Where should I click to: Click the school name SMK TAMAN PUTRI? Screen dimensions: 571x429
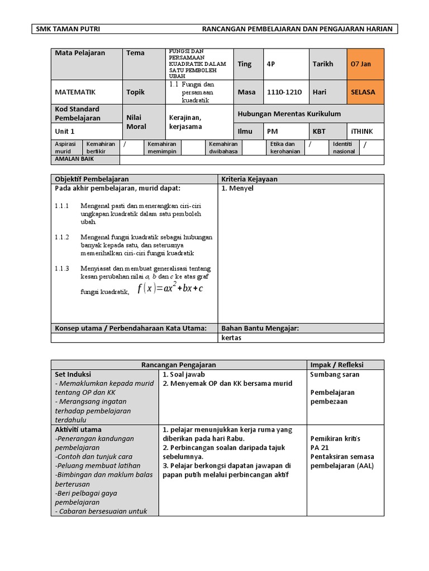(x=68, y=30)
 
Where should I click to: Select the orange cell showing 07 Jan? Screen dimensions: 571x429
(x=365, y=64)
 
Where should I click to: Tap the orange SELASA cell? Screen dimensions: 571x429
(x=365, y=92)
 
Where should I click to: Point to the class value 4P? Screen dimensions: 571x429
(x=271, y=64)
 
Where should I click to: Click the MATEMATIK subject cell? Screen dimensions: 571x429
(x=75, y=92)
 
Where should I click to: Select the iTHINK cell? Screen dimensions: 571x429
(x=363, y=132)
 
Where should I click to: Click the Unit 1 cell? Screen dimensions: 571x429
(x=65, y=132)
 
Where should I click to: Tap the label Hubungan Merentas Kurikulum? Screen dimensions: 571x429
(x=289, y=114)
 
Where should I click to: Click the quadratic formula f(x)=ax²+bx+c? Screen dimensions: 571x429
(x=170, y=288)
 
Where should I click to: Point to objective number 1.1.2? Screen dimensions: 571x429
(x=62, y=237)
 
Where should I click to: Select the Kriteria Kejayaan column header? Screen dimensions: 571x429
(x=249, y=179)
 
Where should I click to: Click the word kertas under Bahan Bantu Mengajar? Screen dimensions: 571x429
(x=232, y=338)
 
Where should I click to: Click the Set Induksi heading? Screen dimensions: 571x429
(x=73, y=375)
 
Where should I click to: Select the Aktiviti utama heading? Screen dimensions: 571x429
(x=78, y=429)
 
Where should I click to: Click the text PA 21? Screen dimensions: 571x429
(x=320, y=448)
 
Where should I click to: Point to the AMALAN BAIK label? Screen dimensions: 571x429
(x=74, y=159)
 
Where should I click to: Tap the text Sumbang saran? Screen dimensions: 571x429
(x=335, y=375)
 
